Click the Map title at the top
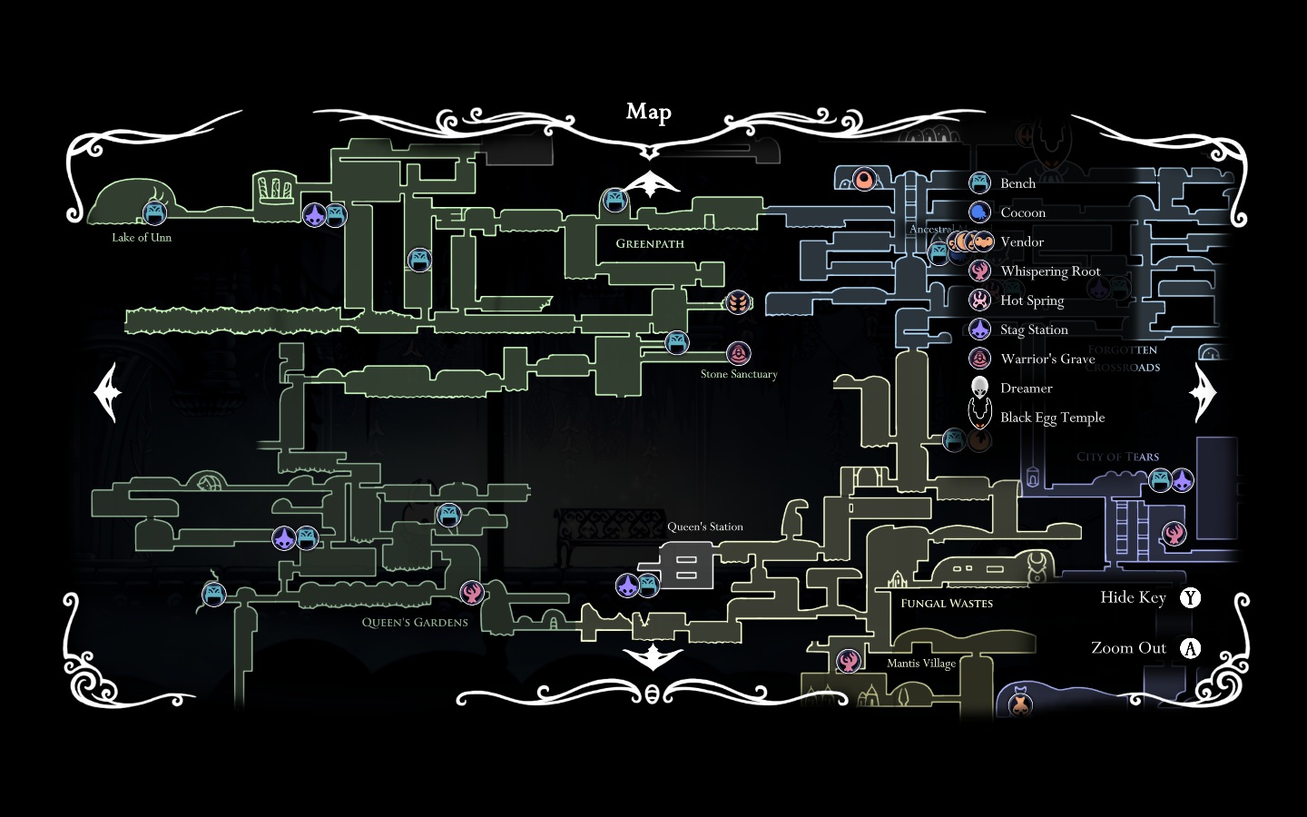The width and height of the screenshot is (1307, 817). [648, 112]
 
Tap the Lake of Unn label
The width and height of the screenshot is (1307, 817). [142, 238]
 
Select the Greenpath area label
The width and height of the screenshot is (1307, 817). [650, 243]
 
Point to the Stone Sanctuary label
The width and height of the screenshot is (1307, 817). [739, 374]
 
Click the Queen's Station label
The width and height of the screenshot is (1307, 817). [705, 527]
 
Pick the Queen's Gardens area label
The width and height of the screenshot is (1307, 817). [415, 623]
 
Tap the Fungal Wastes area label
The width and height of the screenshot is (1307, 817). [947, 604]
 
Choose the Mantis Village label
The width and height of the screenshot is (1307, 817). [921, 664]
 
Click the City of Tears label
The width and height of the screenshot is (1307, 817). [1117, 457]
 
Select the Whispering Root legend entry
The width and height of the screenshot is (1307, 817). [1050, 271]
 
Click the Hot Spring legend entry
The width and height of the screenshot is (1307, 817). [1032, 300]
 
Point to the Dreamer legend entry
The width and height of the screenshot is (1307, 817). [1026, 389]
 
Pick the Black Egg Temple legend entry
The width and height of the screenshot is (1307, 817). [1052, 418]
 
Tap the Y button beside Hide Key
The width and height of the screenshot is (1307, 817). [1190, 597]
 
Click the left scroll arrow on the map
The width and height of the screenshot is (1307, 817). [108, 392]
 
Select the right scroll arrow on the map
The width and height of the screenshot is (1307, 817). [1204, 392]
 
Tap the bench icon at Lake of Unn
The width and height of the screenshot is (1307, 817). [154, 213]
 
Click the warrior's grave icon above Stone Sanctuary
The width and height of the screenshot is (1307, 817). [739, 353]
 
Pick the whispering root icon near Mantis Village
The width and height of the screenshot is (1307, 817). [849, 660]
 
